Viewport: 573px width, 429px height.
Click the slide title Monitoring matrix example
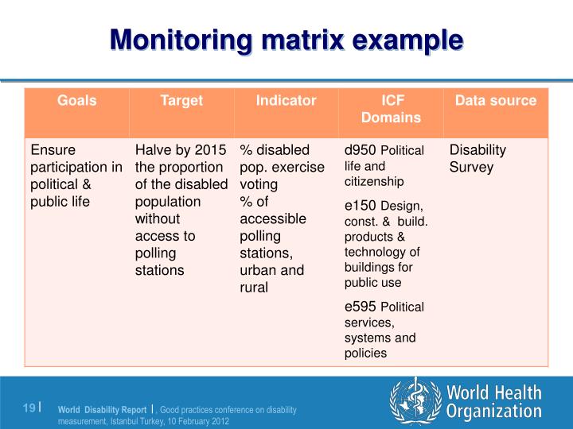(286, 39)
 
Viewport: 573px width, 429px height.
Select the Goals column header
(76, 101)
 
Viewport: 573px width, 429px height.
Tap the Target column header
(181, 101)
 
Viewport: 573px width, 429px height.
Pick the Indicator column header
(286, 101)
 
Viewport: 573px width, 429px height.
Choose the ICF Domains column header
(391, 110)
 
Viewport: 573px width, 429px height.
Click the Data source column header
(496, 101)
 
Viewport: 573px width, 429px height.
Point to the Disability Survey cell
(478, 159)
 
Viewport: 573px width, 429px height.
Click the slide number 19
(29, 408)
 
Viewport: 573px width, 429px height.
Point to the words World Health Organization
(493, 402)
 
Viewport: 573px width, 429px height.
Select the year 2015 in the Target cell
(210, 150)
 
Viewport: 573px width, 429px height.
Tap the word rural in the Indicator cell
(255, 288)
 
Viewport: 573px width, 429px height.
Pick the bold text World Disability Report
(102, 410)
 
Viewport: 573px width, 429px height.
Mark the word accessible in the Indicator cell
(273, 218)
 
